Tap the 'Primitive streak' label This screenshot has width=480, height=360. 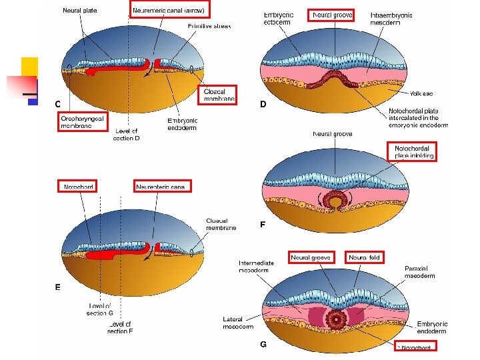pyautogui.click(x=209, y=25)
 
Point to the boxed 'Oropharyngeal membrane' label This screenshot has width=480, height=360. pyautogui.click(x=83, y=121)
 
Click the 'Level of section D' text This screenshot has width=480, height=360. pyautogui.click(x=127, y=135)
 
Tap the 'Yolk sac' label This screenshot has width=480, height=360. pyautogui.click(x=421, y=94)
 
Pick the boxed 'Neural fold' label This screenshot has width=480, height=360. pyautogui.click(x=365, y=257)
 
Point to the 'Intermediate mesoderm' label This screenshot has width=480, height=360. pyautogui.click(x=256, y=267)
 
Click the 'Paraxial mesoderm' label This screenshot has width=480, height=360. pyautogui.click(x=420, y=271)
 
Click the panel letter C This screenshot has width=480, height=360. pyautogui.click(x=58, y=104)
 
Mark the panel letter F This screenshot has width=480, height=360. pyautogui.click(x=263, y=225)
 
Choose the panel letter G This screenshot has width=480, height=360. pyautogui.click(x=263, y=344)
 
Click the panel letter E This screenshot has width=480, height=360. pyautogui.click(x=58, y=287)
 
